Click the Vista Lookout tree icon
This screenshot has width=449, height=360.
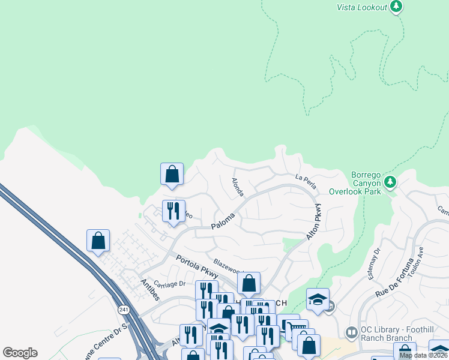coord(396,7)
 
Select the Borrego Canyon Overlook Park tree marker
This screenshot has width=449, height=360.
coord(390,181)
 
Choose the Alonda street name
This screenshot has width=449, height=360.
coord(238,187)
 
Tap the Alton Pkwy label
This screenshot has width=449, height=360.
coord(314,222)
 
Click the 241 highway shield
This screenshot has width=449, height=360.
coord(124,310)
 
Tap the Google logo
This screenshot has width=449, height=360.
coord(20,353)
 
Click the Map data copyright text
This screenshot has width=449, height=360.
coord(423,355)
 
